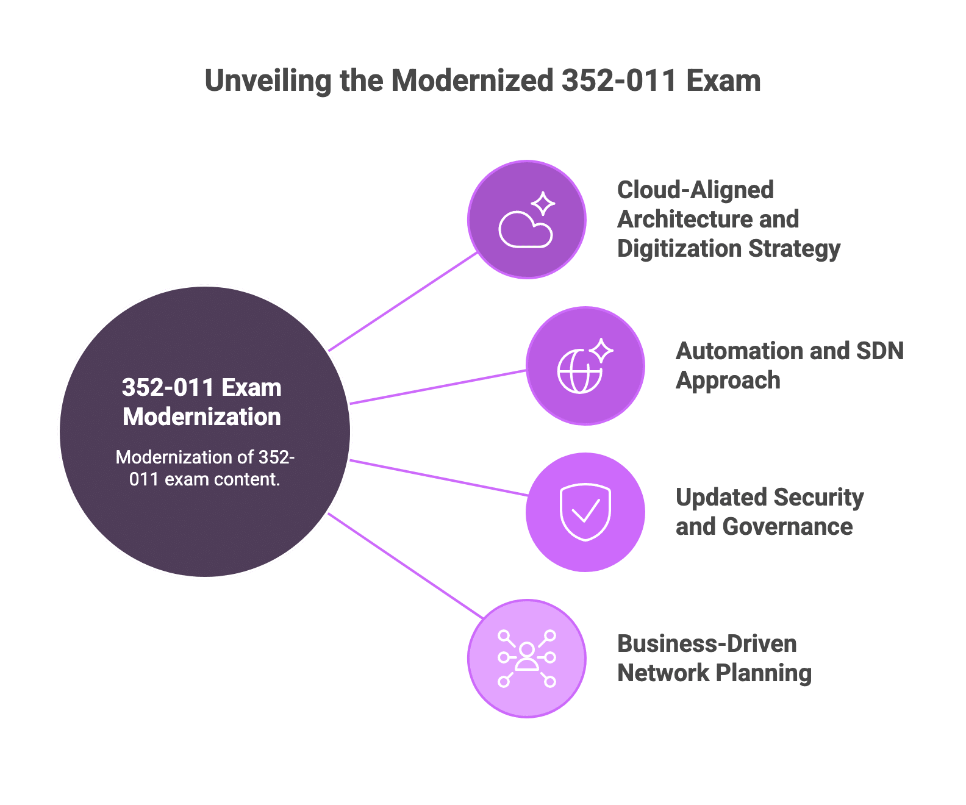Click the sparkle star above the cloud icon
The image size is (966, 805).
(543, 203)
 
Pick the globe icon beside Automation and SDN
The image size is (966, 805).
(579, 371)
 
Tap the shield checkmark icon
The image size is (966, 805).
(585, 512)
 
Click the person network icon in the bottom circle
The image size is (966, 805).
(527, 658)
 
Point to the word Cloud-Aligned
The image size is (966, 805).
(695, 190)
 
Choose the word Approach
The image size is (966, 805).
(728, 380)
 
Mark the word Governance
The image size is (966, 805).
(787, 526)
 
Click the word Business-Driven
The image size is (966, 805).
(707, 644)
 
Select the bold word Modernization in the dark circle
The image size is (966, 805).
(202, 417)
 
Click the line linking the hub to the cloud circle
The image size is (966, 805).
(402, 302)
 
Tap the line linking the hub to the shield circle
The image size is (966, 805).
(439, 478)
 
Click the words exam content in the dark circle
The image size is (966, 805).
(222, 479)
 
